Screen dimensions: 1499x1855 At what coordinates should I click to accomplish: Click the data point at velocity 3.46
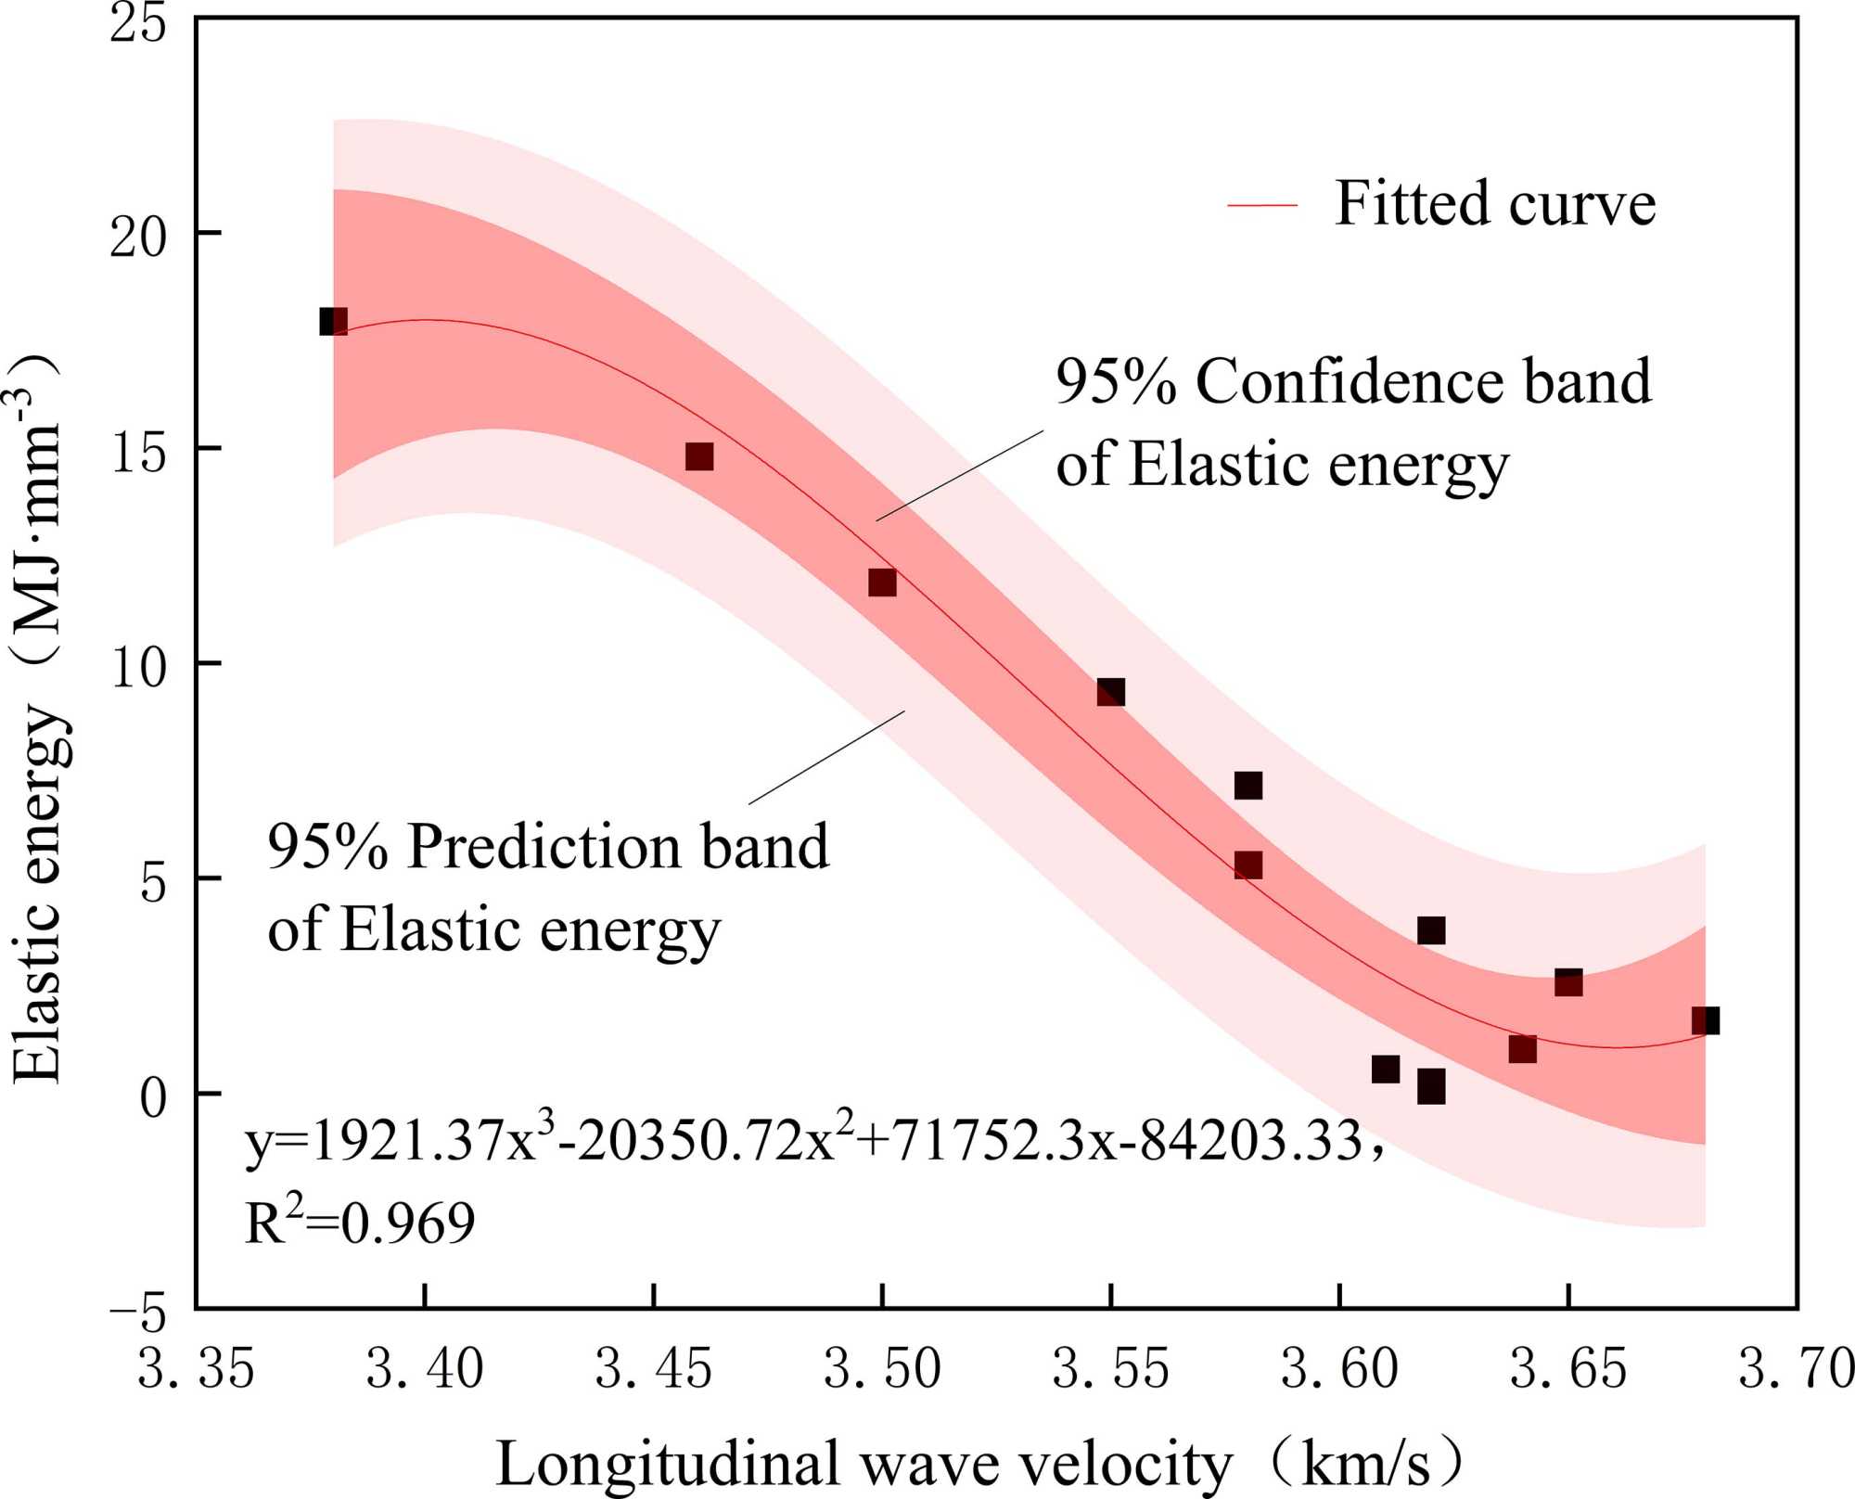(x=699, y=456)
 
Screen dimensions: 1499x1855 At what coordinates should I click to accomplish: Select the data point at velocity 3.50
(x=882, y=583)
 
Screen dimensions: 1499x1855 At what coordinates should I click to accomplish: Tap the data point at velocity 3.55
(x=1111, y=692)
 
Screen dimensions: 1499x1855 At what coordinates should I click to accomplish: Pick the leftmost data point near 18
(x=333, y=322)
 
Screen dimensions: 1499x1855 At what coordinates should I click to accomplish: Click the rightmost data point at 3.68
(x=1705, y=1020)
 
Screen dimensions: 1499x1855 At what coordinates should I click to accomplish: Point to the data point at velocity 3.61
(x=1385, y=1070)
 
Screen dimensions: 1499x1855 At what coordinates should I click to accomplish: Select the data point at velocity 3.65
(x=1568, y=982)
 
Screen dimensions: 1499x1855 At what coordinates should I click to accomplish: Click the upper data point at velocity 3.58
(x=1248, y=786)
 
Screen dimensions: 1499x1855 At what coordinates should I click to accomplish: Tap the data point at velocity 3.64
(x=1522, y=1049)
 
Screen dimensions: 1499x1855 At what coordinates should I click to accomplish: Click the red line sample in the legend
(x=1262, y=204)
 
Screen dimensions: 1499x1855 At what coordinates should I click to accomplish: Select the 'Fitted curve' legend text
(x=1495, y=203)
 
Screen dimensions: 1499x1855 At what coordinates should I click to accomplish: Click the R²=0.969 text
(x=360, y=1223)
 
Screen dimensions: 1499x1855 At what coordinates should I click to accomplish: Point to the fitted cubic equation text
(x=807, y=1140)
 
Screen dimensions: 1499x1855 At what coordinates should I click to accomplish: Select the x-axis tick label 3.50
(x=882, y=1369)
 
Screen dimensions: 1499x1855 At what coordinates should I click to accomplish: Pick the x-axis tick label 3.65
(x=1568, y=1369)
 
